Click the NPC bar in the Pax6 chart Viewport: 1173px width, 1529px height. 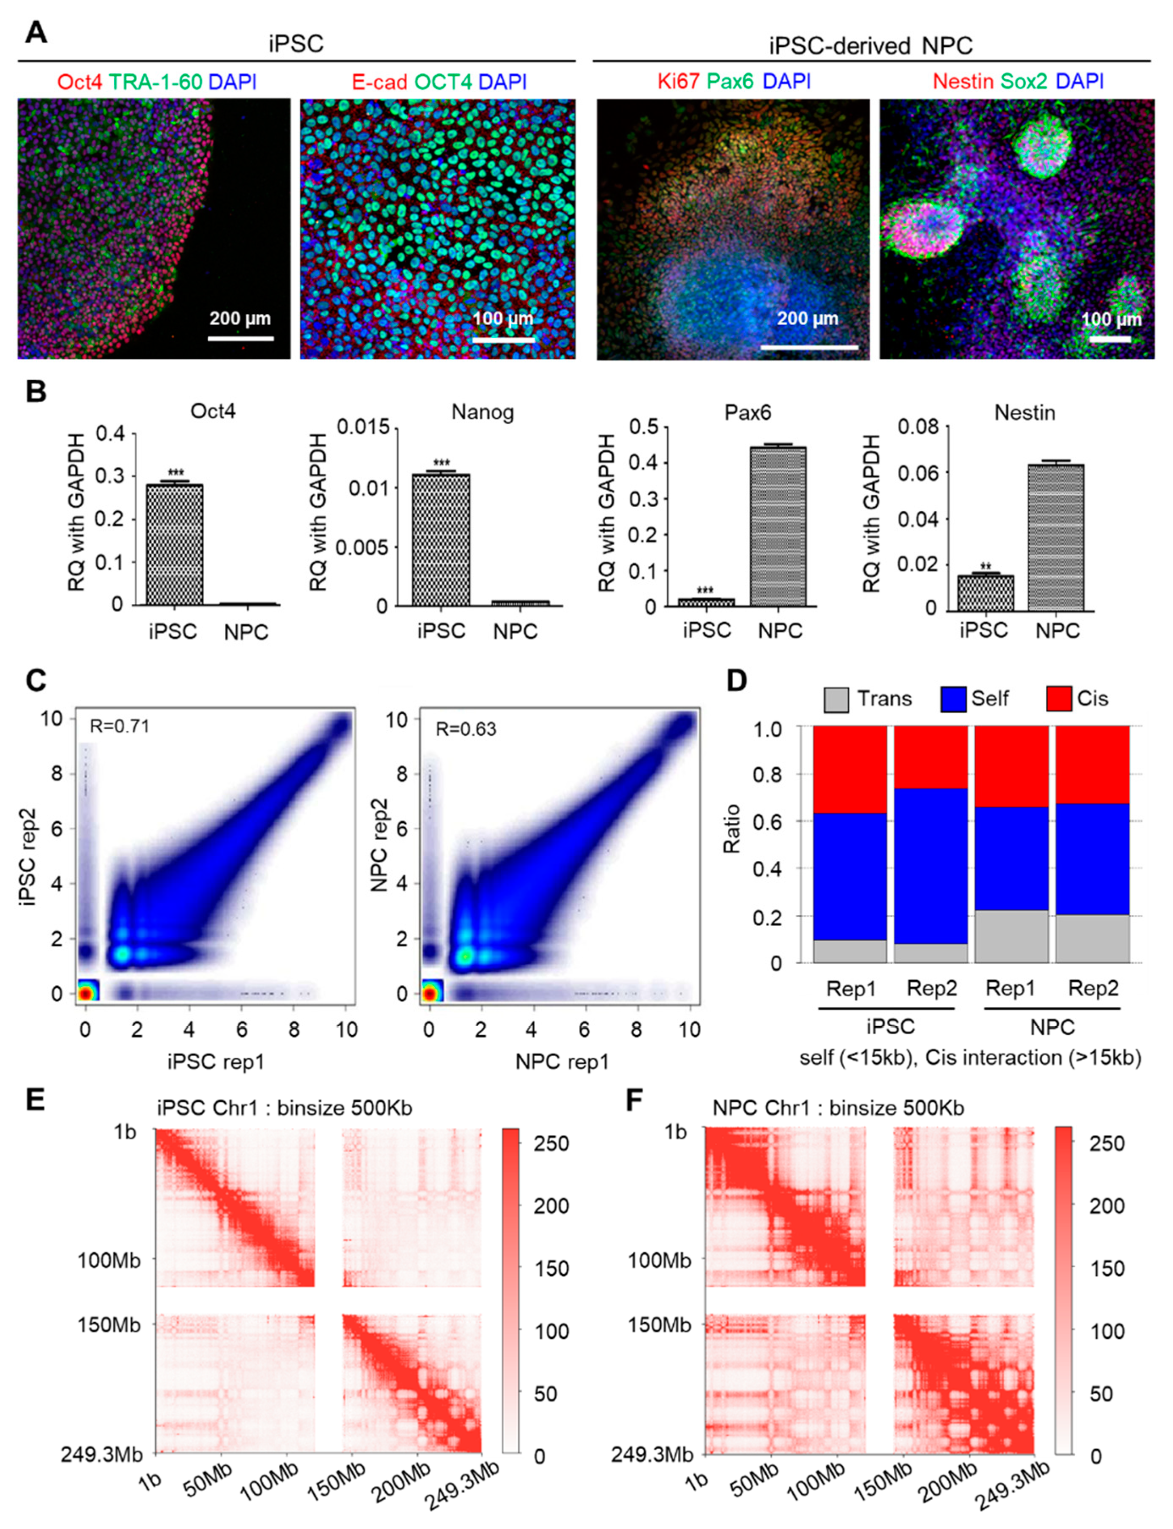point(778,526)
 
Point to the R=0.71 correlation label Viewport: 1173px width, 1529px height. point(119,726)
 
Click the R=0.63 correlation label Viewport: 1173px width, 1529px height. point(466,729)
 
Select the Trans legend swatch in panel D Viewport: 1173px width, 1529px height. point(836,699)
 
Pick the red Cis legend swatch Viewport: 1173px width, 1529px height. point(1058,699)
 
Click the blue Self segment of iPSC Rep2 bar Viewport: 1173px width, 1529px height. point(931,866)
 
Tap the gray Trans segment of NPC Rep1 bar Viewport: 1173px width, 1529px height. point(1011,936)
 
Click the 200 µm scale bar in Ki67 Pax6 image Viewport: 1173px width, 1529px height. point(809,346)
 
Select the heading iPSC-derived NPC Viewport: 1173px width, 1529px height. point(871,46)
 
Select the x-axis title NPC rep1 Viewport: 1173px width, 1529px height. point(562,1061)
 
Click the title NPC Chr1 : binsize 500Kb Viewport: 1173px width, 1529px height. point(838,1108)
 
